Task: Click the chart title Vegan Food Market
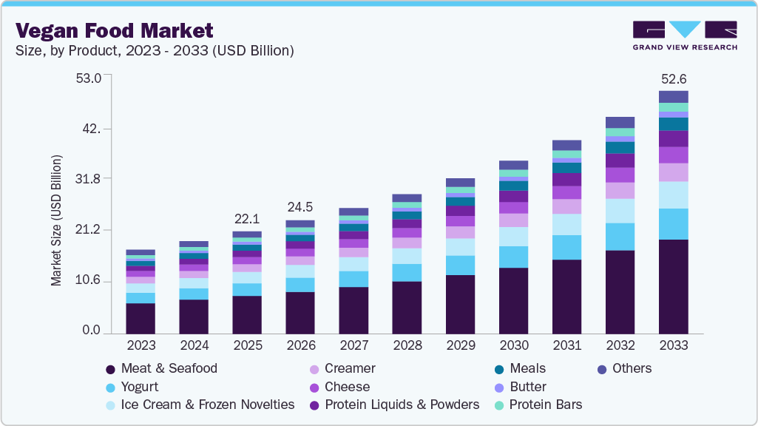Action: point(114,30)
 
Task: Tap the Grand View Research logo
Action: point(684,35)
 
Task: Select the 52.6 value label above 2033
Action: point(673,79)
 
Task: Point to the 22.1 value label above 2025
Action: point(246,219)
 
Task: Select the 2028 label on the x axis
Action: point(407,345)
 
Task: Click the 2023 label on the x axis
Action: point(141,345)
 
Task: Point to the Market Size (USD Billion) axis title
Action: point(56,220)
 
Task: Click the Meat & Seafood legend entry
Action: point(169,368)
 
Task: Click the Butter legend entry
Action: point(528,387)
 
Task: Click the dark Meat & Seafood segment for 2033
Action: point(673,287)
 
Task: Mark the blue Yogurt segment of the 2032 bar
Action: point(620,237)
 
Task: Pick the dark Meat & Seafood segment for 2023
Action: point(141,319)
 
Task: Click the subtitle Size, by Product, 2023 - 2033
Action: point(155,50)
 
